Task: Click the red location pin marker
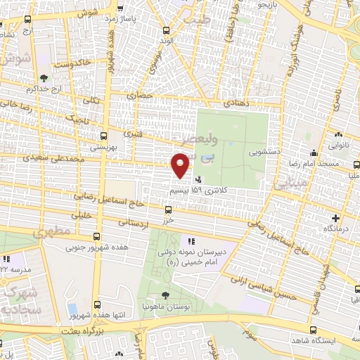[181, 166]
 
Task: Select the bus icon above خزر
[167, 209]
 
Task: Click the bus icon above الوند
[166, 30]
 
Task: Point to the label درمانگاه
[337, 229]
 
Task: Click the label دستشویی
[264, 151]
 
